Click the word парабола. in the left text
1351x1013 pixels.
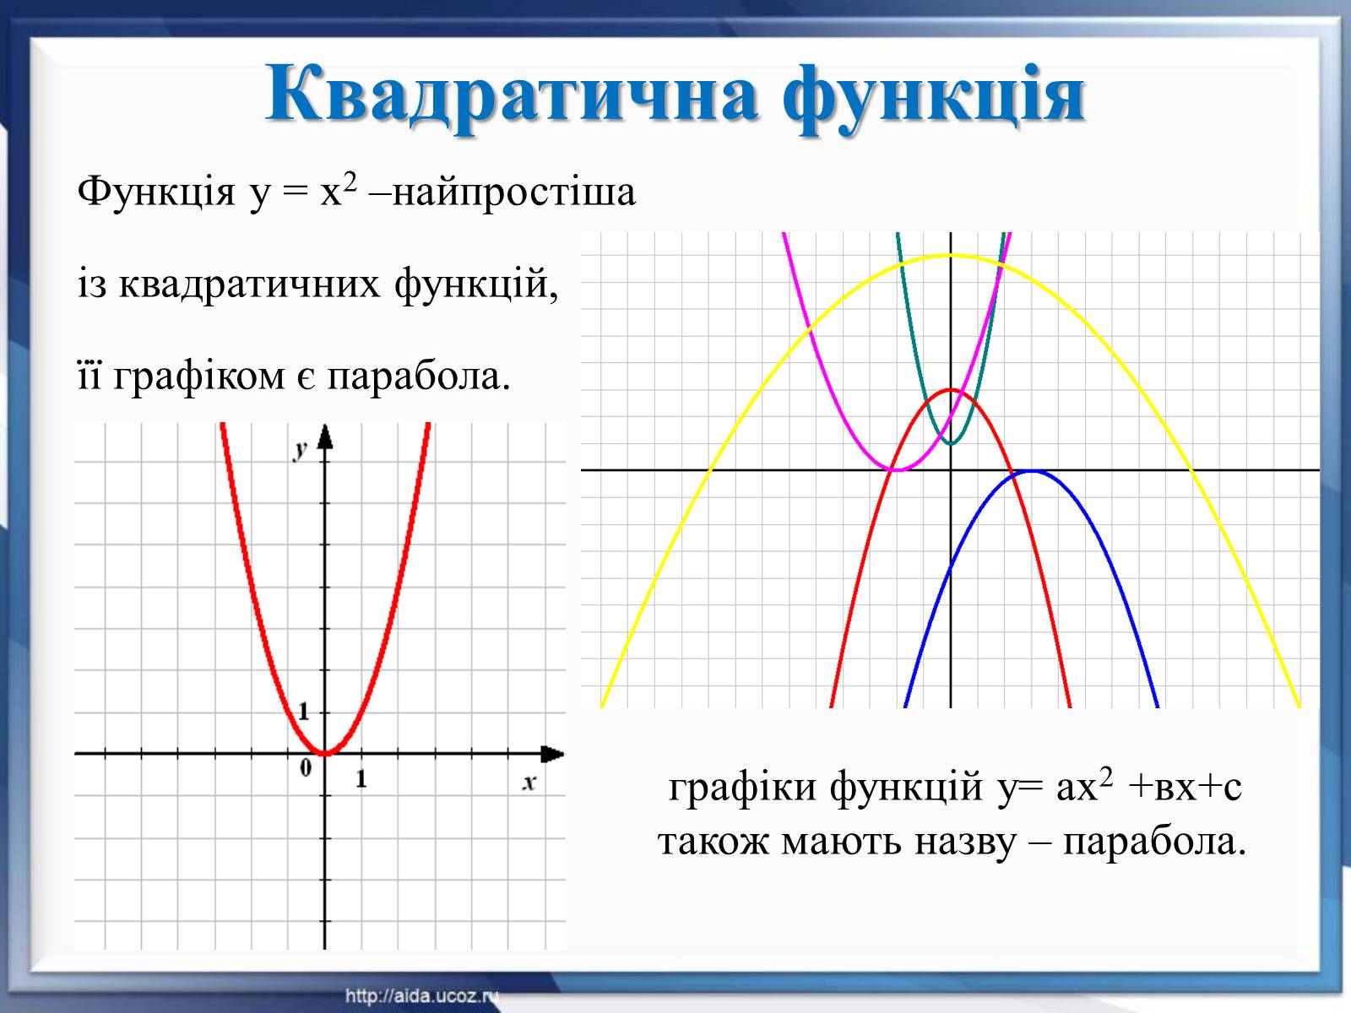[419, 376]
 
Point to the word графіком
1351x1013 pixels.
[199, 376]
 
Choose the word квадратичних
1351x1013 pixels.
[249, 284]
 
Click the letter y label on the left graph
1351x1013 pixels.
[301, 450]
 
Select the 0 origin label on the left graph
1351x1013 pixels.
[306, 767]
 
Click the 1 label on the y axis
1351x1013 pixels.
[303, 712]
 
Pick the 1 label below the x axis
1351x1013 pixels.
[361, 778]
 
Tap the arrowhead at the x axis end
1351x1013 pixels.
[552, 754]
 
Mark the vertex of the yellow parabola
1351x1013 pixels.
[951, 255]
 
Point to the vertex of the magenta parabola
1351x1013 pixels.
[898, 470]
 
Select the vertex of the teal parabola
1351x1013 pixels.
[951, 443]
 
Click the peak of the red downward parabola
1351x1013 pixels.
[951, 389]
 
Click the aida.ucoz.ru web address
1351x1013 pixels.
[421, 996]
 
